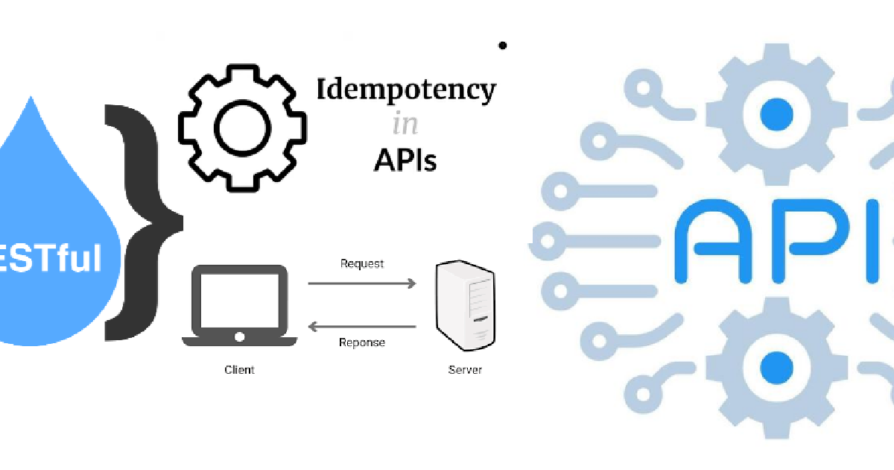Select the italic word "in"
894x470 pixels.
(x=405, y=125)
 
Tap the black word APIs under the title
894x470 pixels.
(x=405, y=159)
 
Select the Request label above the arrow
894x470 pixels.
(x=362, y=263)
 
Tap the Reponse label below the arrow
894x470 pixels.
(x=362, y=342)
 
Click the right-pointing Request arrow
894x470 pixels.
(x=362, y=283)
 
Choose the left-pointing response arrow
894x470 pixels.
(x=362, y=326)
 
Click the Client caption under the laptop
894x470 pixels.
(x=239, y=369)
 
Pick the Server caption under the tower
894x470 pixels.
(x=465, y=369)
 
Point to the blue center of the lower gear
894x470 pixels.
(x=776, y=366)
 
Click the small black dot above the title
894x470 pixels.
(x=503, y=46)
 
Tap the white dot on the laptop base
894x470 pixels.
(x=239, y=337)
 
